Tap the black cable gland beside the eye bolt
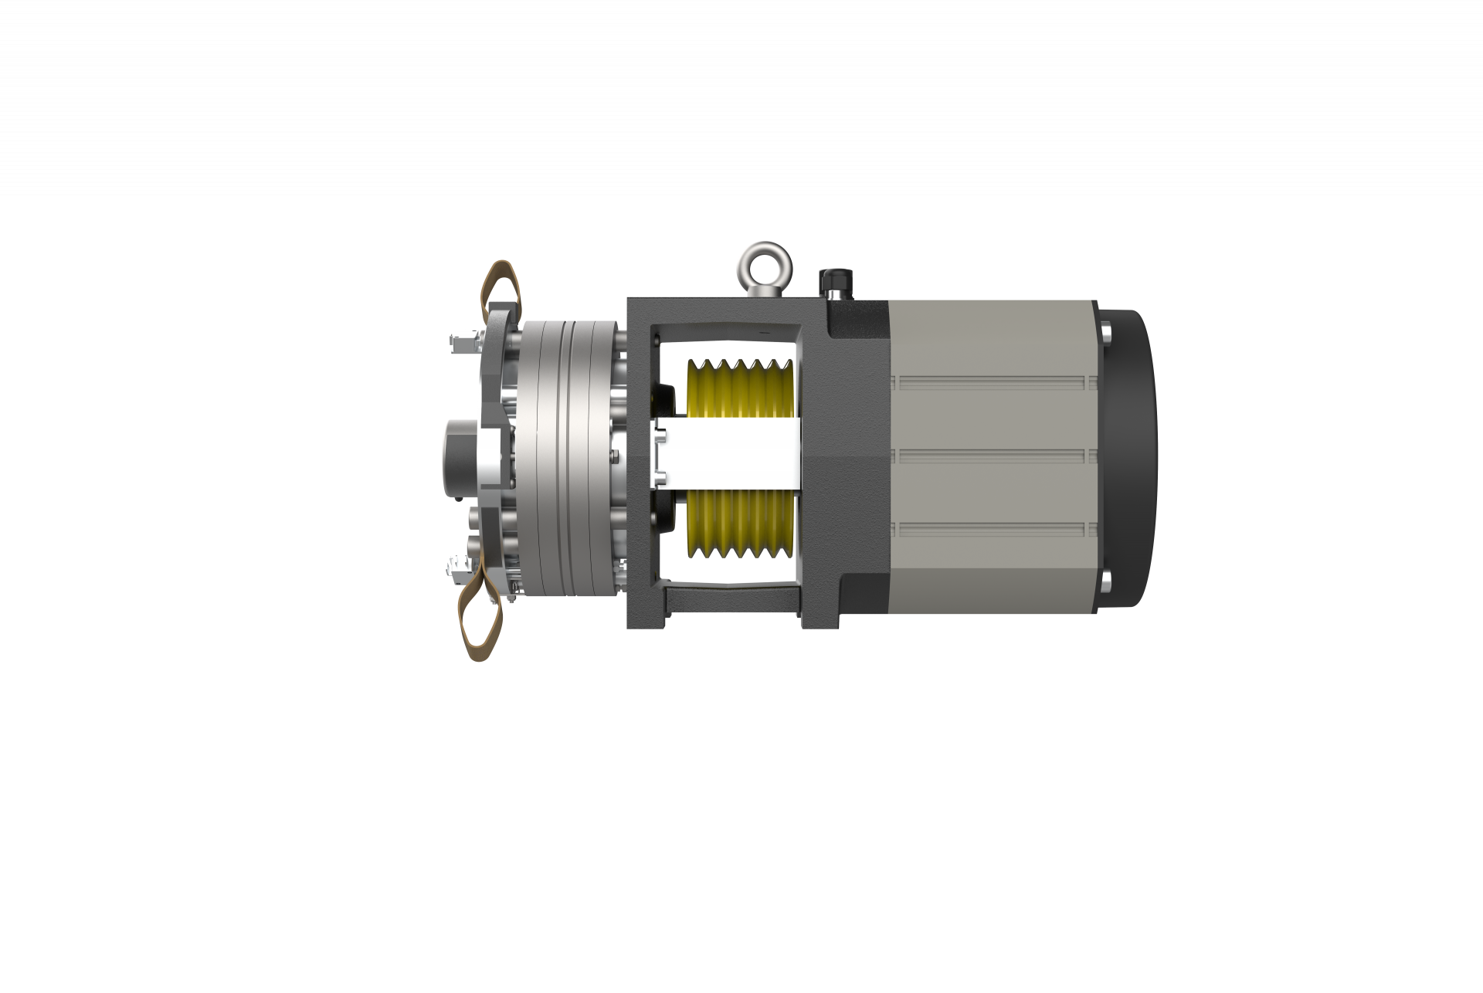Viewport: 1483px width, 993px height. point(835,283)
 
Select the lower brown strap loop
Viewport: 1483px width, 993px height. point(483,614)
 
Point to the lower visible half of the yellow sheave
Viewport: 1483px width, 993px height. point(738,525)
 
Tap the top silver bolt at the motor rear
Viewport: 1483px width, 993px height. point(1106,334)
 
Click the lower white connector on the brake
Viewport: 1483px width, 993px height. point(460,570)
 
